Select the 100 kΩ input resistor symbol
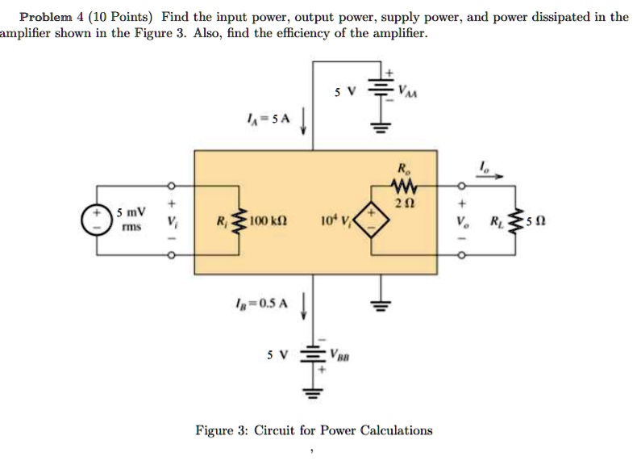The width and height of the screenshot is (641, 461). click(x=240, y=220)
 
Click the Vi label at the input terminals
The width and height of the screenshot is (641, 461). click(x=169, y=220)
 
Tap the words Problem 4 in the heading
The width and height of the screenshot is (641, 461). click(x=50, y=16)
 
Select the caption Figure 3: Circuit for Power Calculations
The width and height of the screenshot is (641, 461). click(x=314, y=430)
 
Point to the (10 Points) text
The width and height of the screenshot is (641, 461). click(x=122, y=16)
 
